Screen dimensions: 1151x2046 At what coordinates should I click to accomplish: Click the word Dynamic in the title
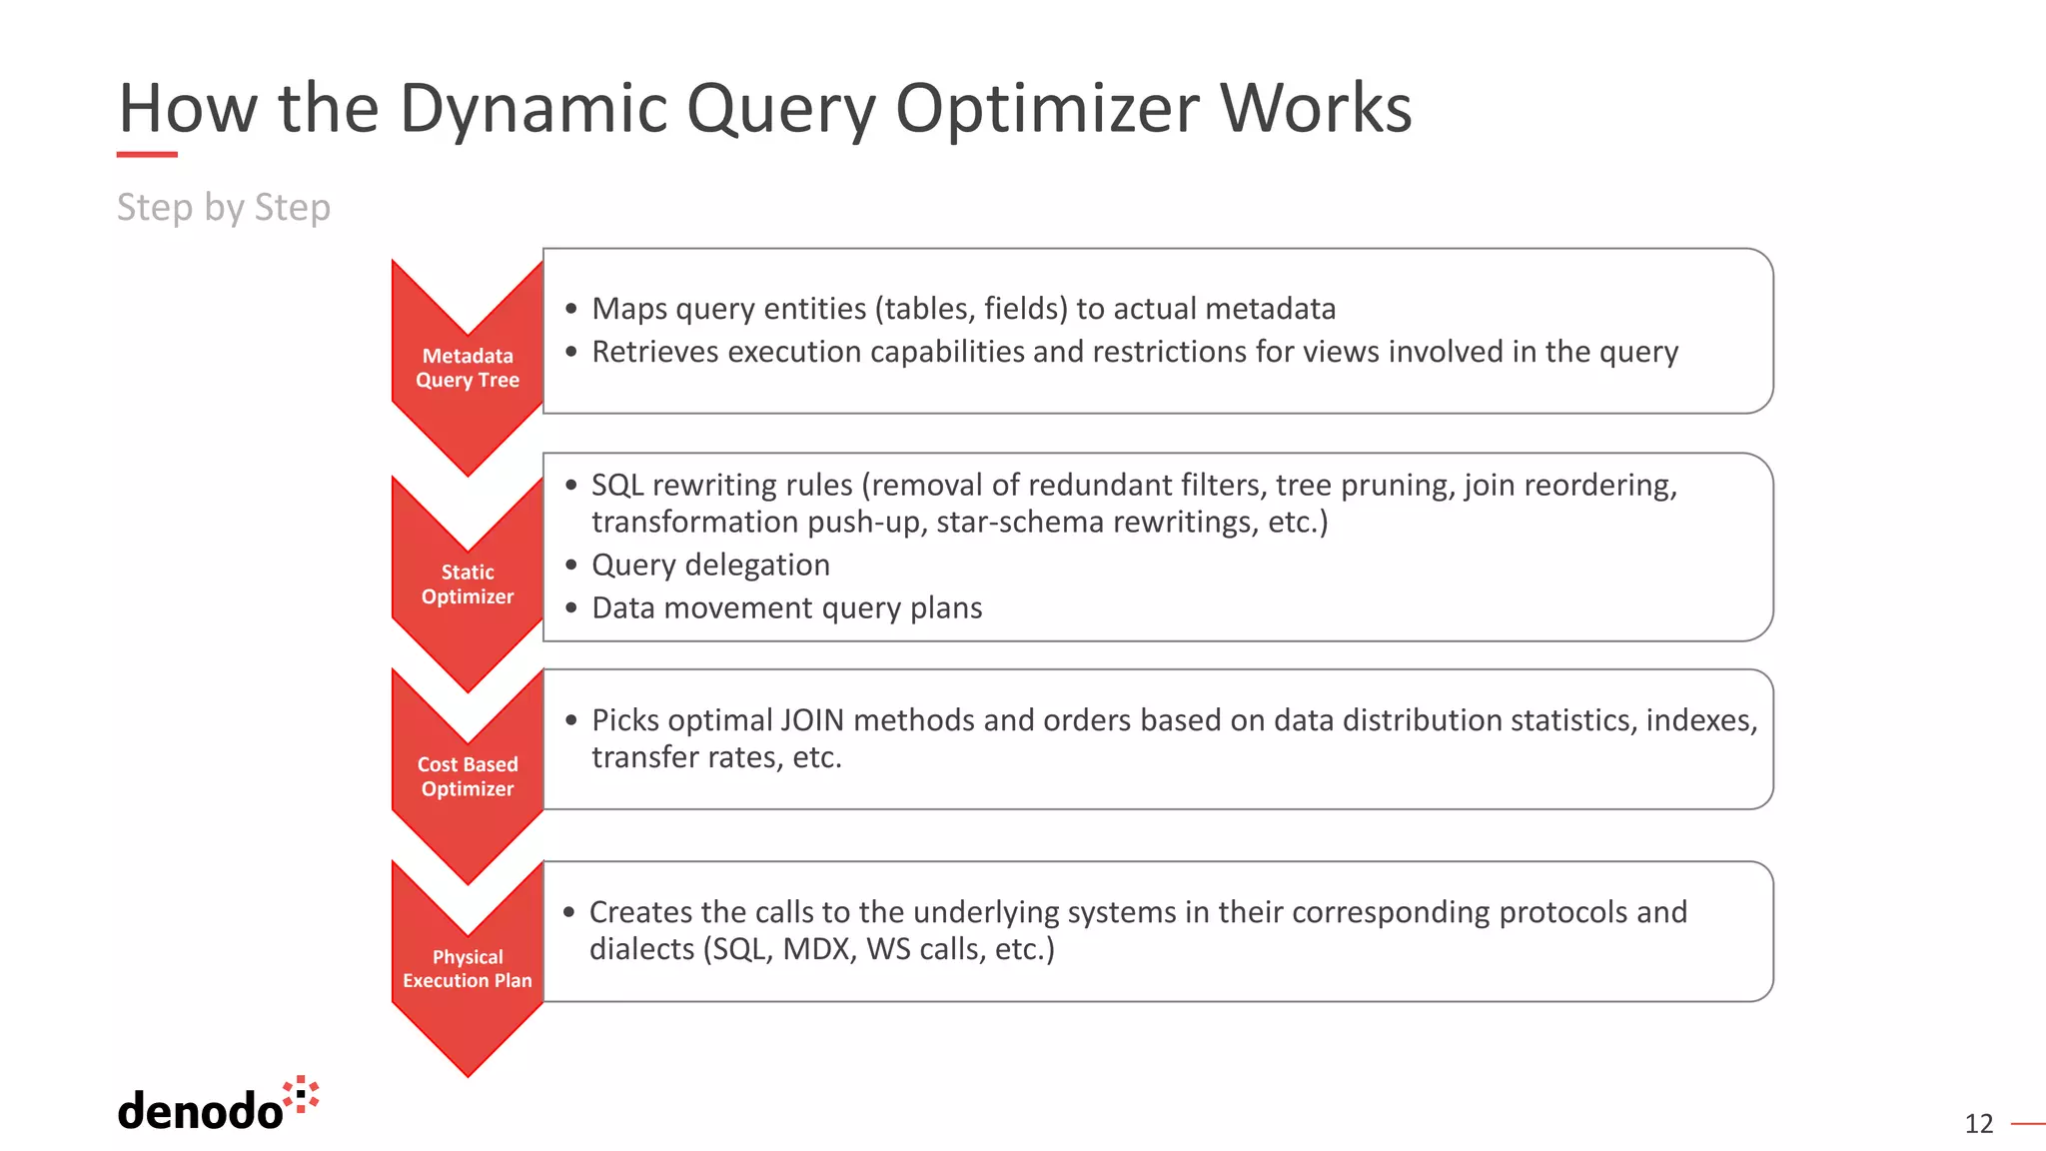pos(532,108)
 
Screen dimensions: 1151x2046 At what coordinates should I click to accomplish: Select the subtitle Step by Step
pos(223,207)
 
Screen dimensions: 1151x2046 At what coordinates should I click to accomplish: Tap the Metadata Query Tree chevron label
pos(468,368)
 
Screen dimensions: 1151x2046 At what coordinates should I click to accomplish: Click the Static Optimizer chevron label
pos(468,584)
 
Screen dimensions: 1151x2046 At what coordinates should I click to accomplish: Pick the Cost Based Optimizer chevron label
pos(468,776)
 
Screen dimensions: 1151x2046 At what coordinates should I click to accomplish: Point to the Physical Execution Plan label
pos(468,968)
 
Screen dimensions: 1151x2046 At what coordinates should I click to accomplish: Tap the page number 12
pos(1978,1124)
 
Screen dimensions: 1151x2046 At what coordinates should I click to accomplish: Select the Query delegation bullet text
pos(710,565)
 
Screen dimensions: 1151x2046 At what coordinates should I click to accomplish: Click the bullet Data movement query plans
pos(786,607)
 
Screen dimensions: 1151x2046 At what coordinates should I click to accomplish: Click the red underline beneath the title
pos(147,155)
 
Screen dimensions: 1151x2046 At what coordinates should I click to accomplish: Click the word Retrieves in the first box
pos(655,352)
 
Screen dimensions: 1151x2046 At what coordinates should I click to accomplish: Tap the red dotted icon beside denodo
pos(301,1094)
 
